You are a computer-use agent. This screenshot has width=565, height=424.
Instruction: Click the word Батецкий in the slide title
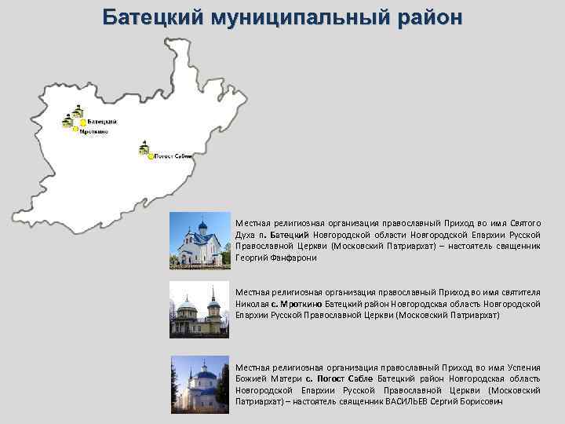pyautogui.click(x=147, y=17)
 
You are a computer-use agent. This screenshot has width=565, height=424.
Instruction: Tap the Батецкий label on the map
pyautogui.click(x=102, y=122)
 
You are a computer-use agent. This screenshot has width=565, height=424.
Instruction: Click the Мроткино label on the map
pyautogui.click(x=94, y=132)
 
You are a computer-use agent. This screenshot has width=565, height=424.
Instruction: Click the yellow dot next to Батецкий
pyautogui.click(x=82, y=122)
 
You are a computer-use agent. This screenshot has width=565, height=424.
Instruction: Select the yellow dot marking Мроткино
pyautogui.click(x=75, y=132)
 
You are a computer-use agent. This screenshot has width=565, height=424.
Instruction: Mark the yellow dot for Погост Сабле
pyautogui.click(x=151, y=156)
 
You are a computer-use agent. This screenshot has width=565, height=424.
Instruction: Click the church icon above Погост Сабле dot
pyautogui.click(x=144, y=147)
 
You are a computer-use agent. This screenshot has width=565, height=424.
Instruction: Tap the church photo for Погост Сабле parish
pyautogui.click(x=200, y=385)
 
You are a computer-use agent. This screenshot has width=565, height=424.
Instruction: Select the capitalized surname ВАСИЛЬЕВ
pyautogui.click(x=408, y=401)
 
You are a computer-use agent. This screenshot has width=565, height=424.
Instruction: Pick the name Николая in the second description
pyautogui.click(x=252, y=303)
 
